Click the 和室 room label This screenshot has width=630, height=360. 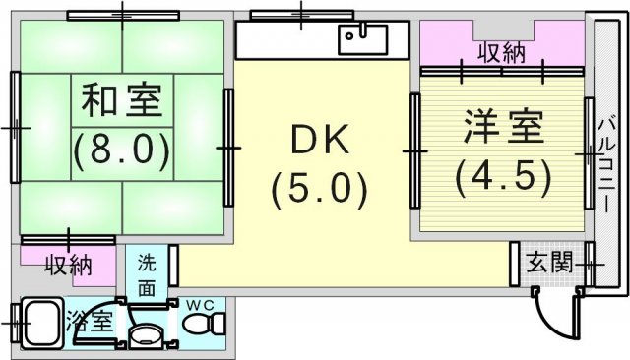click(x=122, y=99)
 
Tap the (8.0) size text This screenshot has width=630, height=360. click(x=122, y=150)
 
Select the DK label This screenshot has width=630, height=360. click(x=320, y=140)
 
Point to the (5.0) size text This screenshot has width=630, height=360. click(x=319, y=189)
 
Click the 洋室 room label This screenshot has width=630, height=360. click(x=503, y=126)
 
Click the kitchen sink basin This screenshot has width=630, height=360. click(x=363, y=39)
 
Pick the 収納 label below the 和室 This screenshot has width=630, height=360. click(x=69, y=265)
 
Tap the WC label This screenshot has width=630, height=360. click(x=201, y=305)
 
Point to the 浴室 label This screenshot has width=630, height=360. click(x=90, y=321)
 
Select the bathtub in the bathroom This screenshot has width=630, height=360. click(x=42, y=324)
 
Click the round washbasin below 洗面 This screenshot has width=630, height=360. click(x=146, y=334)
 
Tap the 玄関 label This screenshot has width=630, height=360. click(x=549, y=264)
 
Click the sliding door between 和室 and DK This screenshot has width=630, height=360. click(x=228, y=148)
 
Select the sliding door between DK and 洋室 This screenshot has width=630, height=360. click(x=415, y=150)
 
